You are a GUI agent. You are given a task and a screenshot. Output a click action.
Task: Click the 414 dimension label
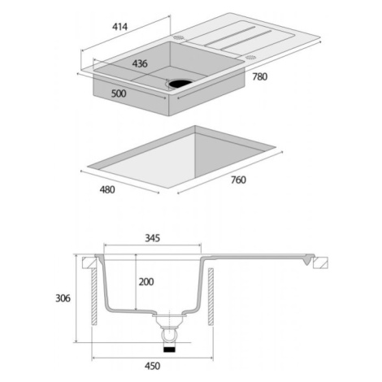coord(119,27)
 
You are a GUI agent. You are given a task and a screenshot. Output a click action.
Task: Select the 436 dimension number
coord(140,63)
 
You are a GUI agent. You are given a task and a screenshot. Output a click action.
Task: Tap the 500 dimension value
coord(119,93)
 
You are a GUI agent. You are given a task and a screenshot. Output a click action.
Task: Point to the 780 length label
coord(260,76)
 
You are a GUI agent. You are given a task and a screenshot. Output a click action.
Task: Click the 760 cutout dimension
coord(238,180)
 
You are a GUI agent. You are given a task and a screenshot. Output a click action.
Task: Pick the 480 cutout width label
coord(107,189)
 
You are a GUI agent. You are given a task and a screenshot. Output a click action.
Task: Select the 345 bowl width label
coord(153,238)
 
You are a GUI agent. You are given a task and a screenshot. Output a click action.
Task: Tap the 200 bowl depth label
coord(146,282)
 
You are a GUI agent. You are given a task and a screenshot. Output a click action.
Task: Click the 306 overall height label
coord(63,298)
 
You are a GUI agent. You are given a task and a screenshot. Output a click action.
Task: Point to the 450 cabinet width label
coord(152,366)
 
